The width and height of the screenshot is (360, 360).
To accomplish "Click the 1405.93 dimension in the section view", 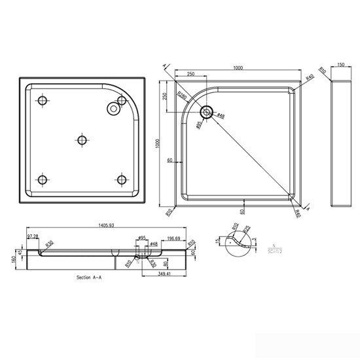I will pyautogui.click(x=105, y=226).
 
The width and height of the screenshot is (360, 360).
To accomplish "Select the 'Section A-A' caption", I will pyautogui.click(x=89, y=278).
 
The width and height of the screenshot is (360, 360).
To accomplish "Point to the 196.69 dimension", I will pyautogui.click(x=174, y=239).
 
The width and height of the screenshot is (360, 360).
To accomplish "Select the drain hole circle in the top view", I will pyautogui.click(x=206, y=113).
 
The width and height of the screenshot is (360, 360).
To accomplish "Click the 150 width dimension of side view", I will pyautogui.click(x=340, y=65).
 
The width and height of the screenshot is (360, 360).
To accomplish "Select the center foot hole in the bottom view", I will pyautogui.click(x=82, y=139).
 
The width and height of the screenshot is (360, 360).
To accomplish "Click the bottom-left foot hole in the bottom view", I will pyautogui.click(x=43, y=179).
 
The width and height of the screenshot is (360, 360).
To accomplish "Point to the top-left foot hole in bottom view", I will pyautogui.click(x=43, y=100).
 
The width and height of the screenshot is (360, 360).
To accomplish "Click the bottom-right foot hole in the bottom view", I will pyautogui.click(x=121, y=179).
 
